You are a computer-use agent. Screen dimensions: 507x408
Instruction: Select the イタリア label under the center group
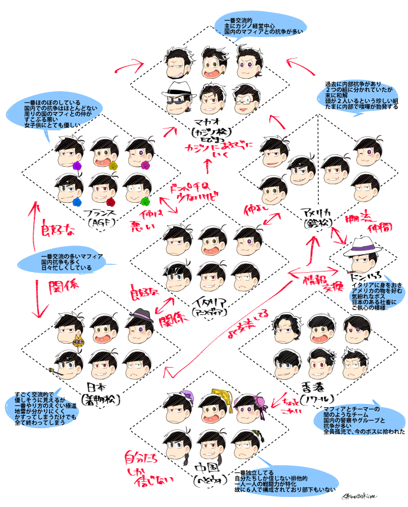(x=210, y=300)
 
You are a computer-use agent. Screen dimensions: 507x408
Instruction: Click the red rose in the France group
(x=111, y=201)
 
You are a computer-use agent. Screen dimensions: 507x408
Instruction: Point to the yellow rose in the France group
(x=113, y=166)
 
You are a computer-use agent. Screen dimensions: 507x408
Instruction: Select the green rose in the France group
(x=145, y=200)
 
